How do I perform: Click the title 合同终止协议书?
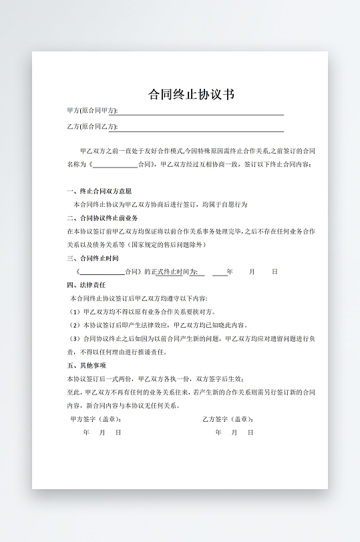click(191, 94)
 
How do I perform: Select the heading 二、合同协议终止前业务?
click(102, 218)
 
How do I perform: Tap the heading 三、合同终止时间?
click(93, 258)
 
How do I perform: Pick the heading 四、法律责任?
click(86, 285)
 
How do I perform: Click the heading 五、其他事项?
click(86, 366)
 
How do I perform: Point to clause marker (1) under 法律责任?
click(75, 312)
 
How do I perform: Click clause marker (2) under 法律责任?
click(75, 325)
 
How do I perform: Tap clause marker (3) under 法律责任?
click(75, 338)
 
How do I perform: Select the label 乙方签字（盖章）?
click(228, 419)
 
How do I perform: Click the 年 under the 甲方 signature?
click(86, 433)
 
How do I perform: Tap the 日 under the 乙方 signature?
click(250, 433)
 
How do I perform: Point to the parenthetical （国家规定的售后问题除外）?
click(166, 244)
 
